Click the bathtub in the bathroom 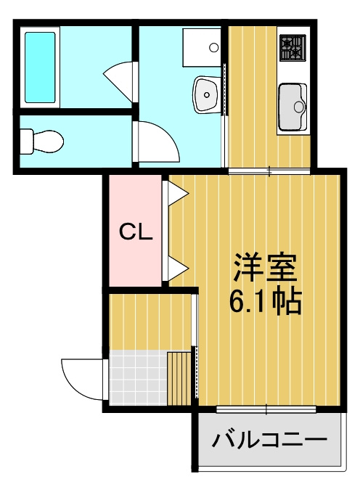(x=40, y=67)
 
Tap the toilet (x=41, y=141)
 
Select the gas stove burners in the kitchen (x=292, y=48)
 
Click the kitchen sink (x=292, y=107)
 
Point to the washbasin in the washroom (x=207, y=94)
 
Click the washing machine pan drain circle (x=214, y=48)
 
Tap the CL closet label (x=136, y=232)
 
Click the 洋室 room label (x=265, y=267)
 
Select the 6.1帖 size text (x=265, y=300)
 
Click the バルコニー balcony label (x=269, y=438)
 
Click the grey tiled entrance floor (x=138, y=377)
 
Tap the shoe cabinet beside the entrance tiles (x=179, y=378)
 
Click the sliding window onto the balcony (x=266, y=409)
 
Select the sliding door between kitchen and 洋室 (x=269, y=171)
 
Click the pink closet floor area (x=136, y=231)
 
